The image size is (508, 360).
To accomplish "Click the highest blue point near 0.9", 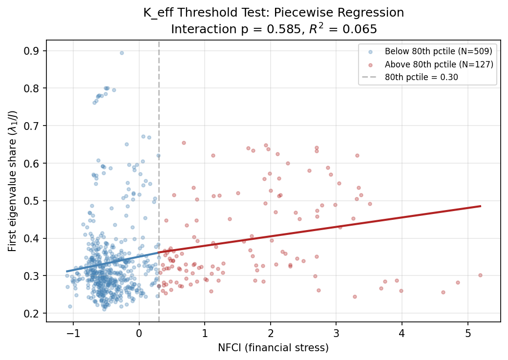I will (122, 53).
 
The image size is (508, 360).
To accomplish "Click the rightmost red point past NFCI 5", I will (480, 275).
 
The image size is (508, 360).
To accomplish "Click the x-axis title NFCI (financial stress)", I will (273, 348).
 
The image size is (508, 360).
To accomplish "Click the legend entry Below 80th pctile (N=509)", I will (438, 51).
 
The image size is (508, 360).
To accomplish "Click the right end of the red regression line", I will (481, 206).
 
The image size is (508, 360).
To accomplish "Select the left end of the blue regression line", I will (67, 271).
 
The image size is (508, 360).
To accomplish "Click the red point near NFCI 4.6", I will (443, 292).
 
